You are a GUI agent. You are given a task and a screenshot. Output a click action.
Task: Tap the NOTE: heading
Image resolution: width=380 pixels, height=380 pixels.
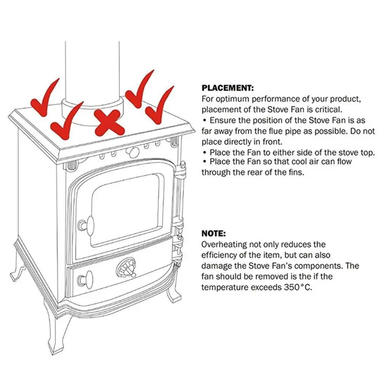point(214,233)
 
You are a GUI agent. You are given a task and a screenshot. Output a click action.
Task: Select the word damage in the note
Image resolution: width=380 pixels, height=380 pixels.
point(215,266)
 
